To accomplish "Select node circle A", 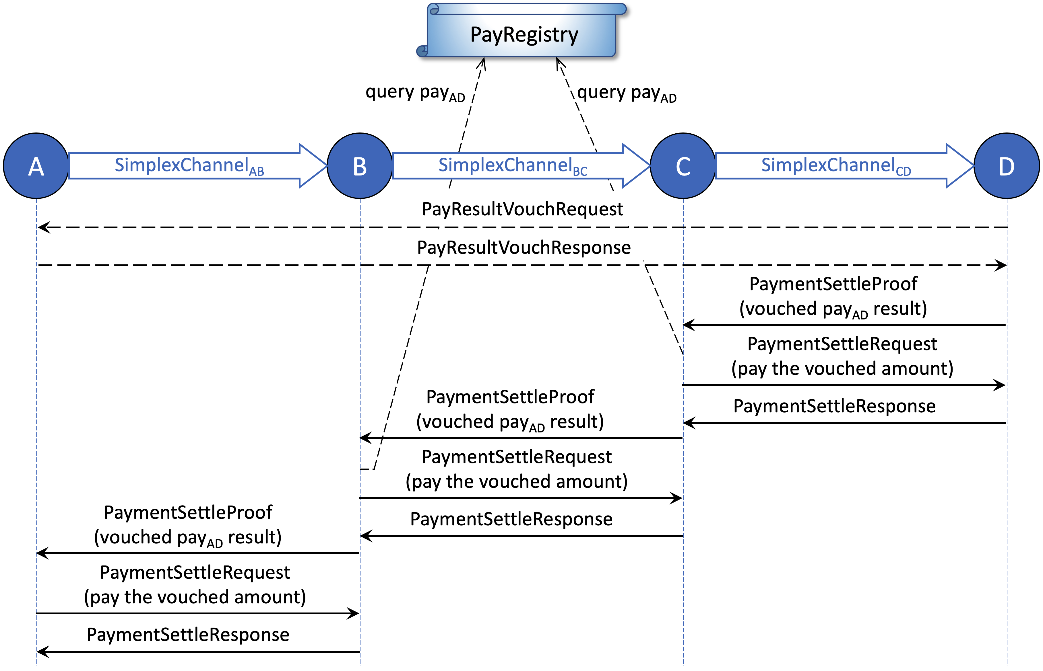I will [36, 166].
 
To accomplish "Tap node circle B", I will [360, 166].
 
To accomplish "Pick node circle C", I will [683, 166].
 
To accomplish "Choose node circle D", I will [1006, 166].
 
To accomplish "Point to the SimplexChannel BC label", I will [512, 166].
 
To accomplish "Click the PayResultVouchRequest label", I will [522, 209].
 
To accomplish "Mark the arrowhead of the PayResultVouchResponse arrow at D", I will [1001, 265].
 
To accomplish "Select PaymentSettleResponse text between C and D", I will [834, 406].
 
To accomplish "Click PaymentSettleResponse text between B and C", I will [511, 519].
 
